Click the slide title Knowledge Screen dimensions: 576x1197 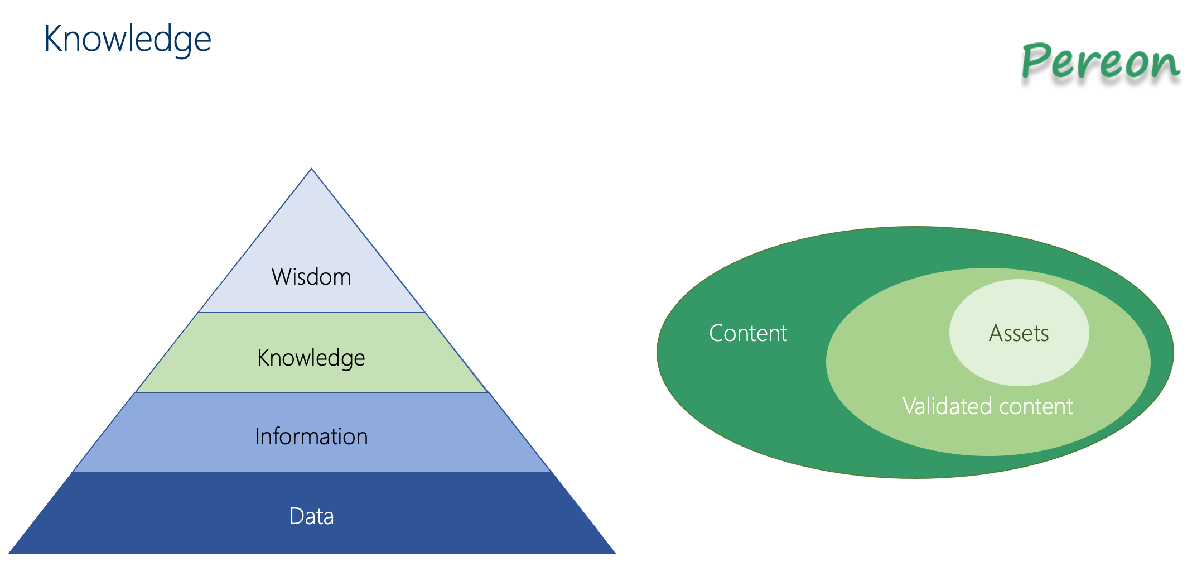(127, 40)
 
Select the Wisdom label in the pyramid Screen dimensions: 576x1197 (311, 277)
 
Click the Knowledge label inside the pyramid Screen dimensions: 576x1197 (311, 358)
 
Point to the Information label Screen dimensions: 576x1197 (311, 436)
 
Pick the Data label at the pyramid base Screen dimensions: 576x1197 (311, 516)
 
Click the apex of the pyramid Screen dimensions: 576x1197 (311, 170)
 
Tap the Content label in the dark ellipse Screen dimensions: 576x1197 (747, 333)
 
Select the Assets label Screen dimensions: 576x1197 (1019, 333)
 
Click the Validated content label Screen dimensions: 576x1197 (987, 406)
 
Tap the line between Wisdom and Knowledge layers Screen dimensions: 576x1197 (311, 313)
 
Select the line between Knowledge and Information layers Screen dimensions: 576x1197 (311, 392)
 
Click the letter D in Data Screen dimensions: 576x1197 (296, 516)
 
